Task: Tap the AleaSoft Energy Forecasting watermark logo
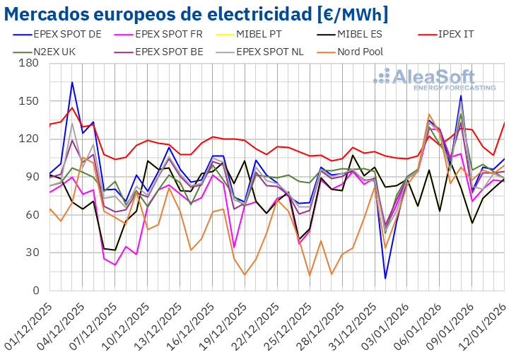[434, 79]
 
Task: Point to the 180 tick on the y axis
[29, 63]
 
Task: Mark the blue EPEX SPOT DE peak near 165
[72, 82]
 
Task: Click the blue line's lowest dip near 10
[385, 278]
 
